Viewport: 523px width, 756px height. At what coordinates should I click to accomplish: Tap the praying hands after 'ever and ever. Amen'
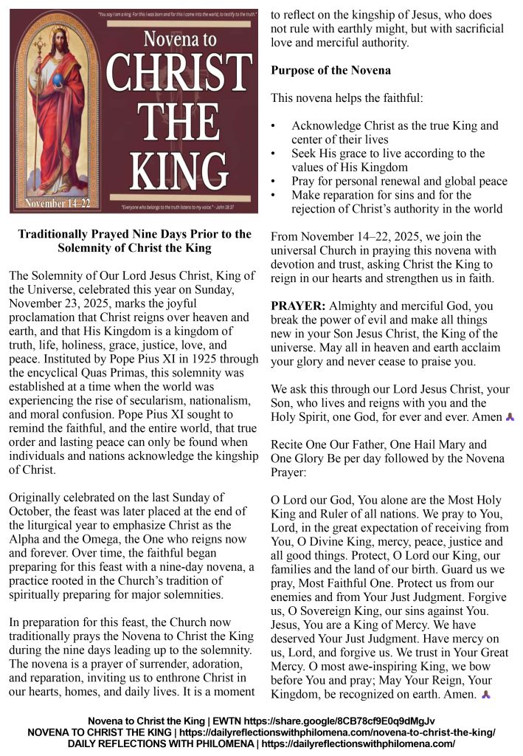click(x=510, y=417)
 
